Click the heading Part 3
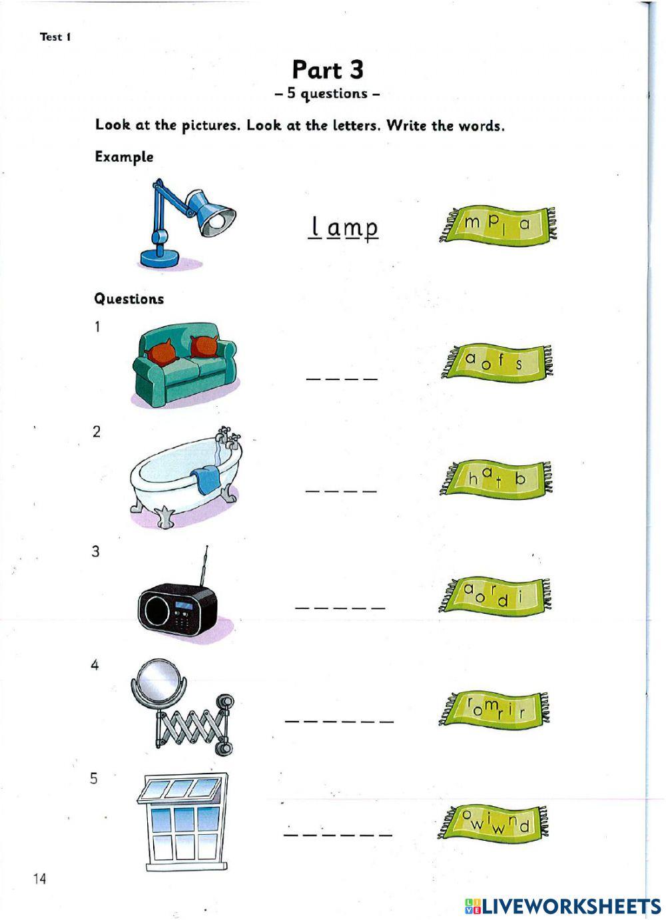(328, 70)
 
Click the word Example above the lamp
(124, 157)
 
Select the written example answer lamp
(344, 228)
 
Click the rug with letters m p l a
(498, 224)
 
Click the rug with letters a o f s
(497, 363)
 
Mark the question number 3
(96, 551)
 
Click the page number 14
(39, 879)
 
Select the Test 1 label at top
(55, 37)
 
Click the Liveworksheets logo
(563, 905)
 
